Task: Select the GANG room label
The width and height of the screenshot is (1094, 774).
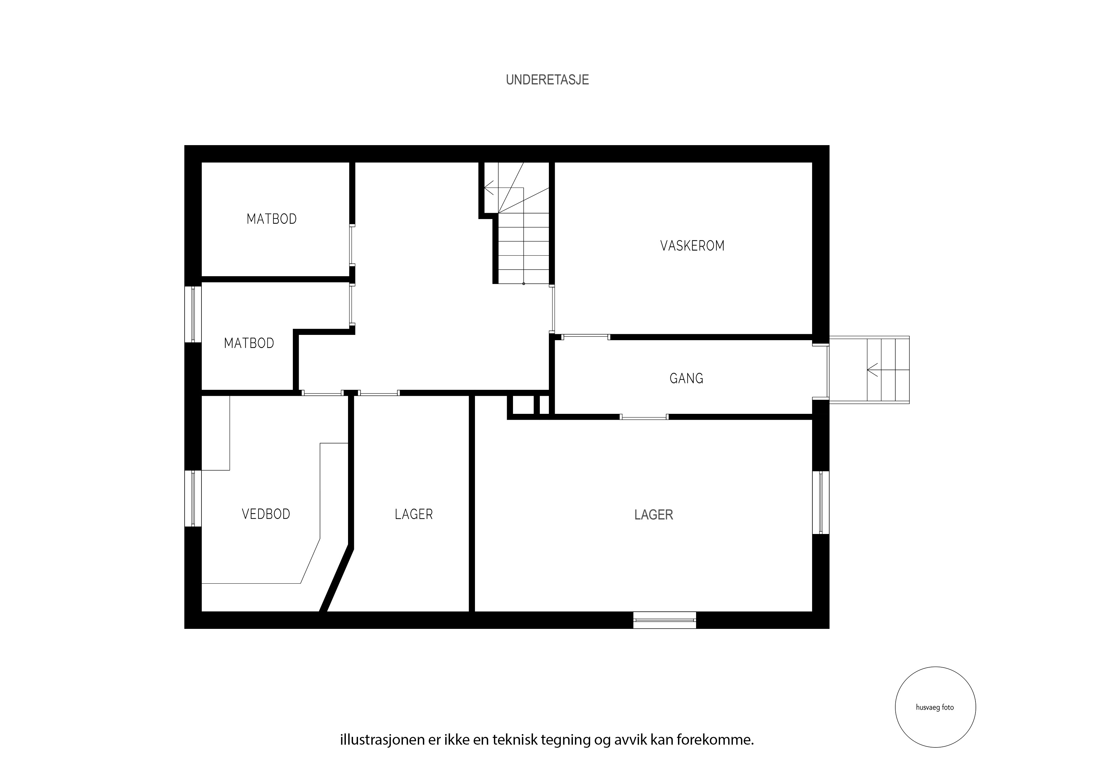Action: pyautogui.click(x=686, y=378)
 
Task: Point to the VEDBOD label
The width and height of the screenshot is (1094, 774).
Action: pyautogui.click(x=266, y=514)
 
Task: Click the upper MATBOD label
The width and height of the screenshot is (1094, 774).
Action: pyautogui.click(x=272, y=219)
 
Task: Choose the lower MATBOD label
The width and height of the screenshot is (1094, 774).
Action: pyautogui.click(x=249, y=343)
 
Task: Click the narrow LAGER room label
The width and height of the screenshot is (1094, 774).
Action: pyautogui.click(x=414, y=514)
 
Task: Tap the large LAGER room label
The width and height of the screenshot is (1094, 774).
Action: pyautogui.click(x=654, y=515)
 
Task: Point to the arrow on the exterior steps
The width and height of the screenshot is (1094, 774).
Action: pyautogui.click(x=873, y=370)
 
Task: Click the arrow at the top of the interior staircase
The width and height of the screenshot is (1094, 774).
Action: pyautogui.click(x=489, y=188)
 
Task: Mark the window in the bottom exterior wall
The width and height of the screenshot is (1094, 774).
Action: pyautogui.click(x=665, y=620)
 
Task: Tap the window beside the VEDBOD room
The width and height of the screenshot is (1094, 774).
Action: pyautogui.click(x=193, y=498)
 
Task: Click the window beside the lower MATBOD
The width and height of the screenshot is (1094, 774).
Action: pyautogui.click(x=193, y=314)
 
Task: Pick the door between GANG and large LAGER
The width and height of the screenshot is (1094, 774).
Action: pyautogui.click(x=644, y=417)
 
